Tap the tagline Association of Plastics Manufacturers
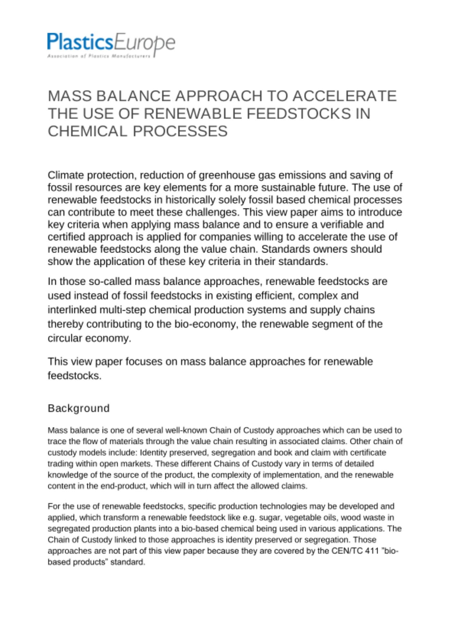[99, 56]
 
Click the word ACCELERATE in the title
[344, 96]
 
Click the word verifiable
[337, 224]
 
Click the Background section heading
[79, 408]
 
